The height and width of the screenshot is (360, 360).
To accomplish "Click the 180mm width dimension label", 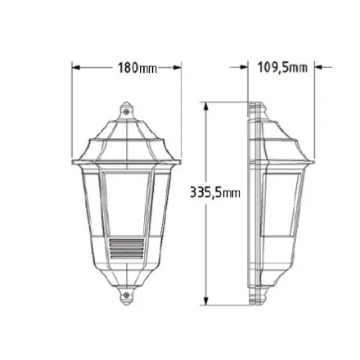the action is [x=137, y=68].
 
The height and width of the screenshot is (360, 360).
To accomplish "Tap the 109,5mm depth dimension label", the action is [x=282, y=67].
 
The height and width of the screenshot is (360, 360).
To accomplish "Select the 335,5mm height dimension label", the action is [x=215, y=192].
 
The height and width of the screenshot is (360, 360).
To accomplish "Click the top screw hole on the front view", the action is [x=126, y=111].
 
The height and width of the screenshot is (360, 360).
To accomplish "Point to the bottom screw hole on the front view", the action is [x=126, y=295].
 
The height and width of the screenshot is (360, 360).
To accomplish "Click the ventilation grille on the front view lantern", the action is [x=126, y=249].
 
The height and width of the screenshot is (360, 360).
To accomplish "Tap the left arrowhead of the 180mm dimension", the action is [x=76, y=68].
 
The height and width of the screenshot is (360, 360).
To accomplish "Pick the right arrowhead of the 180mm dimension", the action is [x=178, y=68].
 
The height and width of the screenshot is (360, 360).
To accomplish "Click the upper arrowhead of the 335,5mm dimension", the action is [x=206, y=106].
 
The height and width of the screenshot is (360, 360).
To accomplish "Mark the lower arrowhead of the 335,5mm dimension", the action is [x=206, y=301].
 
